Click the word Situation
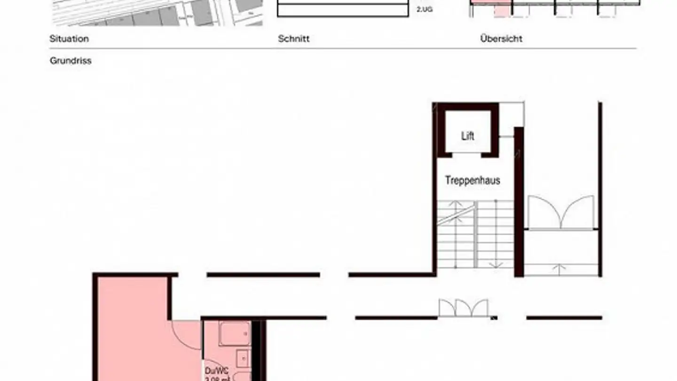(x=69, y=39)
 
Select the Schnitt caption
(x=293, y=39)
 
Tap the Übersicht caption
(x=501, y=39)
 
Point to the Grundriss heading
(x=71, y=61)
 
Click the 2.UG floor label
(x=425, y=9)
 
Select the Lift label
(x=467, y=136)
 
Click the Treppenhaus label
(x=472, y=180)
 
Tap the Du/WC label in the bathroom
(x=216, y=370)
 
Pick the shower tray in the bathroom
(x=234, y=334)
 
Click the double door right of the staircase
(x=560, y=213)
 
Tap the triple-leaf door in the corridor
(x=464, y=308)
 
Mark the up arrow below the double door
(x=559, y=269)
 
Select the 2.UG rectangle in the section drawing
(x=342, y=10)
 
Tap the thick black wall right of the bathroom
(x=258, y=350)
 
